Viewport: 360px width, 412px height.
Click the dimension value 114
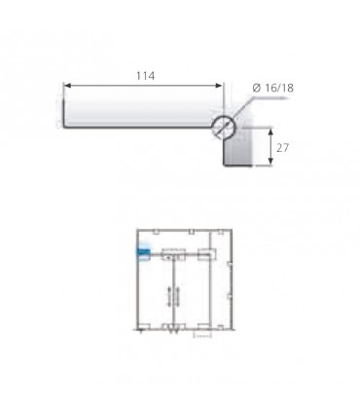[145, 76]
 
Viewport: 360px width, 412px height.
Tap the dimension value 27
[282, 148]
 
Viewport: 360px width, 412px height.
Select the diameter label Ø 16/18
[272, 88]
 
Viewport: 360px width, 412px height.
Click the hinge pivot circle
[224, 127]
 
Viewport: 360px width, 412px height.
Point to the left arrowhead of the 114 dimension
[67, 86]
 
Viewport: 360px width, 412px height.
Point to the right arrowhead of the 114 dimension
[219, 86]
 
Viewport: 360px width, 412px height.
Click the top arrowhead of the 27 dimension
[271, 131]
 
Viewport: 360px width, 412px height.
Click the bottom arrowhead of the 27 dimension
[271, 163]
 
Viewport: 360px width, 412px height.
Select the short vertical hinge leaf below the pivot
[237, 152]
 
